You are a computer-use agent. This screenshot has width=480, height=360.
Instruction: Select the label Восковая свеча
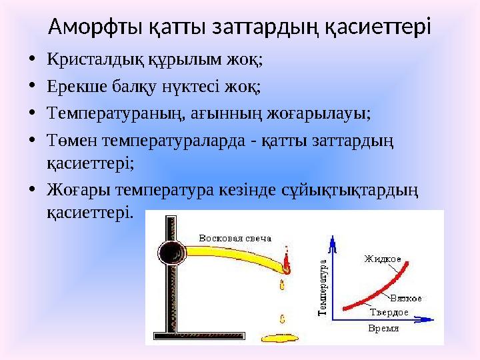[x=235, y=238]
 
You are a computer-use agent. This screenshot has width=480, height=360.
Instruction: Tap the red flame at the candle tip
[x=287, y=263]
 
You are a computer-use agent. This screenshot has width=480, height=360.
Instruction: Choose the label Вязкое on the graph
[x=406, y=299]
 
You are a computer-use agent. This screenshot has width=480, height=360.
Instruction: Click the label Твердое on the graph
[x=389, y=312]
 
